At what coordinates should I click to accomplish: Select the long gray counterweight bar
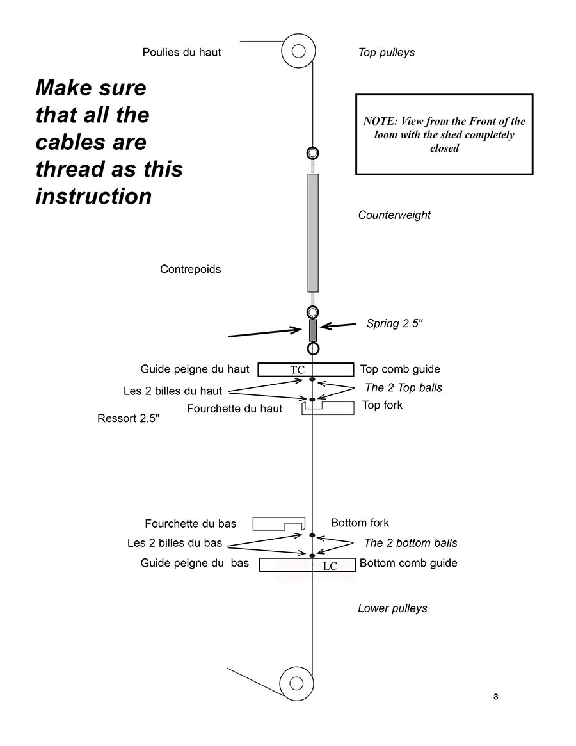[313, 232]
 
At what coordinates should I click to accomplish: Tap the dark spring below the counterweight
[313, 330]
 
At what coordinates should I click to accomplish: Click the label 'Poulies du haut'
[182, 53]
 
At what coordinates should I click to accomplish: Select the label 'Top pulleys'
[386, 53]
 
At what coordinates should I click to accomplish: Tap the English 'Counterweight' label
[394, 215]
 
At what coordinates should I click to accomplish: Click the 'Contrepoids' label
[190, 270]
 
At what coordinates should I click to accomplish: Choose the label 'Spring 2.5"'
[394, 323]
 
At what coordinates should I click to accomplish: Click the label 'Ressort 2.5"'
[128, 418]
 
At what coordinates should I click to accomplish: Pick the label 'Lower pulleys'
[392, 608]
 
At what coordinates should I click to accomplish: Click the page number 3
[495, 697]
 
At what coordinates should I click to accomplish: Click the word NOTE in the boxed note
[380, 121]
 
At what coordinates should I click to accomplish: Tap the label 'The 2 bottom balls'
[410, 543]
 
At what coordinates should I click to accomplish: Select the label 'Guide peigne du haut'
[195, 369]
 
